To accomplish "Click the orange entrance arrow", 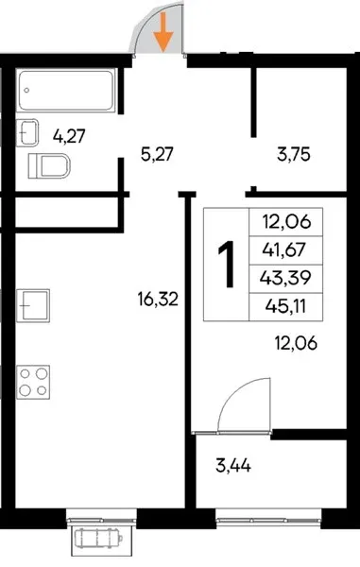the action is click(x=163, y=32).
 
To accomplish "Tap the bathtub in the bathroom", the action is click(x=66, y=90).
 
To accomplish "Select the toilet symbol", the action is click(x=49, y=166).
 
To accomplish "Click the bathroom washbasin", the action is click(x=27, y=132).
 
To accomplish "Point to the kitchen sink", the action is click(x=33, y=305).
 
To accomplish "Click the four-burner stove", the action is click(x=33, y=382).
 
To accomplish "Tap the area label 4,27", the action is click(x=69, y=137).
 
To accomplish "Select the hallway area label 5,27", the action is click(x=157, y=155).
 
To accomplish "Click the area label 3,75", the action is click(x=294, y=155).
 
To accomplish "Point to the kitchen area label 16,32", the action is click(x=158, y=300).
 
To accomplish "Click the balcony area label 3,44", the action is click(x=233, y=465).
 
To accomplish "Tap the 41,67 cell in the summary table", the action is click(x=286, y=249).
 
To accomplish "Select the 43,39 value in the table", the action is click(x=286, y=279).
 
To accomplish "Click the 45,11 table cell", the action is click(x=286, y=306).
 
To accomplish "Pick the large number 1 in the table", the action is click(x=227, y=265).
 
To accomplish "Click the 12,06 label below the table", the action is click(x=296, y=343).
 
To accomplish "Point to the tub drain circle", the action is click(x=26, y=91).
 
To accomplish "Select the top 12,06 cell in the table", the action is click(x=286, y=222).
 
